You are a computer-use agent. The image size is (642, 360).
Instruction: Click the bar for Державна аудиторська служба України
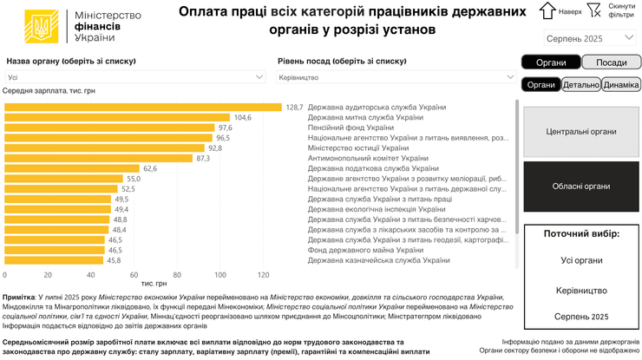(x=143, y=107)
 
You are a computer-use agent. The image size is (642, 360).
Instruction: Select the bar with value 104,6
(x=117, y=117)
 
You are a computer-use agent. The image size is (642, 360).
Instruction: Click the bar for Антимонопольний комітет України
(x=99, y=158)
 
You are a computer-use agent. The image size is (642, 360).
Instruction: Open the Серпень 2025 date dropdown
(x=590, y=38)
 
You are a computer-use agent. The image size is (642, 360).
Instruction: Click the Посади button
(x=611, y=62)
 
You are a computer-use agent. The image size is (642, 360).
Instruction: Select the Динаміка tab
(x=621, y=84)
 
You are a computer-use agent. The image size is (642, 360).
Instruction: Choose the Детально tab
(x=580, y=84)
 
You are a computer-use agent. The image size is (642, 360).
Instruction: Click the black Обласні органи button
(x=581, y=187)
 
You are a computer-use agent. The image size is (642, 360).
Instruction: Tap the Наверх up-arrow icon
(x=547, y=10)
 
